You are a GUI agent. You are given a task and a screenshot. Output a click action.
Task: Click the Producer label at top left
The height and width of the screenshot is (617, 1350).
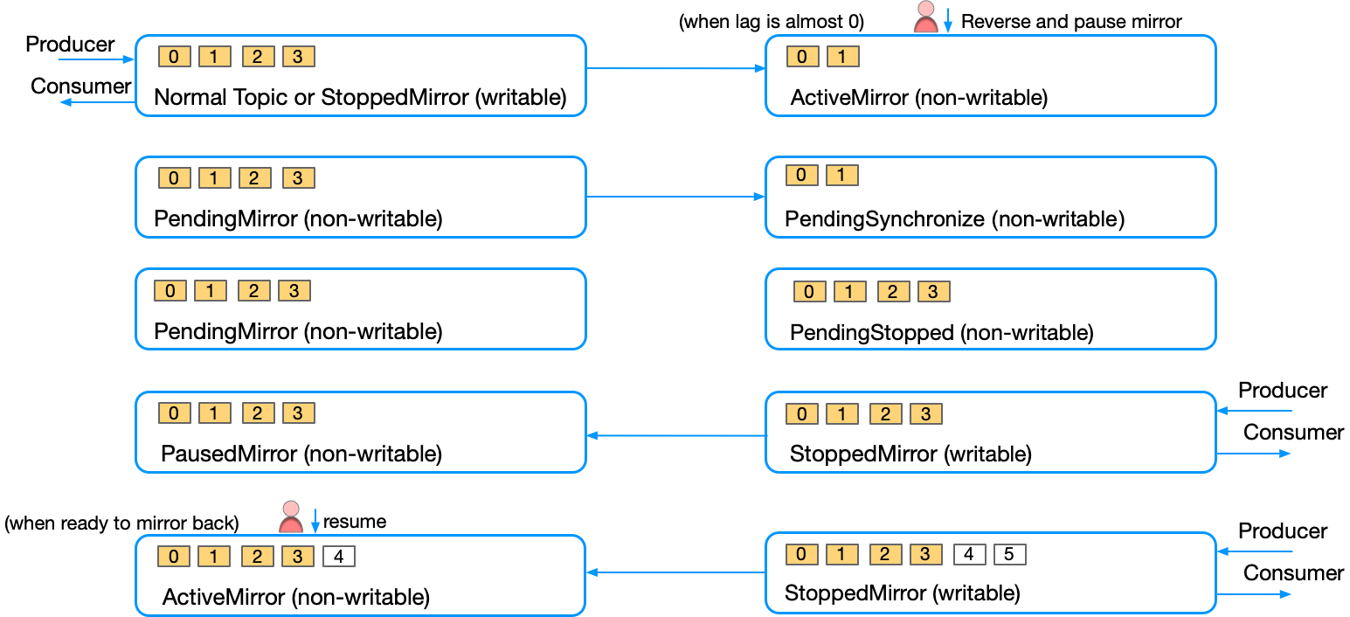click(70, 45)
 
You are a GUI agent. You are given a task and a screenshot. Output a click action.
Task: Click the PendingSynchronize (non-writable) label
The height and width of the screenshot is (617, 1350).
click(954, 218)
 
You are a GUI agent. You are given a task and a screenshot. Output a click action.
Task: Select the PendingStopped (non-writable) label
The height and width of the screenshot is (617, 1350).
click(941, 332)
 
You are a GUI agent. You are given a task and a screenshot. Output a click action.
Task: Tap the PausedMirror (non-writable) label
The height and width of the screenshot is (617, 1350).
click(301, 454)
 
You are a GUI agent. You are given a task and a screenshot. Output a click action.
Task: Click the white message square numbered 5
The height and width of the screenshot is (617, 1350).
click(1009, 554)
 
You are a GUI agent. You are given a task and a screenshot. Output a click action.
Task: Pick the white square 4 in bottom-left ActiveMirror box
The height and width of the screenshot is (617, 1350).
click(339, 557)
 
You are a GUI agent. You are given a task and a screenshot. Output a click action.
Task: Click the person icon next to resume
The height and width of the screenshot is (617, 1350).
click(291, 517)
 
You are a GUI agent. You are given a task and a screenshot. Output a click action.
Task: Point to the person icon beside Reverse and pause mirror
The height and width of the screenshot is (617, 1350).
click(925, 17)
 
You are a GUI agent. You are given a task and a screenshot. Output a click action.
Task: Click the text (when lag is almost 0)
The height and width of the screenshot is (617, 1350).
click(771, 22)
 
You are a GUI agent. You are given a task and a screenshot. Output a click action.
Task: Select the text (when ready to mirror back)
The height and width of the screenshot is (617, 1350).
click(121, 523)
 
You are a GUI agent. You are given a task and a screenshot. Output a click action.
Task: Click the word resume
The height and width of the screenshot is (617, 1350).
click(354, 522)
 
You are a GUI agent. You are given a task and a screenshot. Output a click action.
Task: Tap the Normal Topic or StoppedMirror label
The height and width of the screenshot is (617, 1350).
click(360, 97)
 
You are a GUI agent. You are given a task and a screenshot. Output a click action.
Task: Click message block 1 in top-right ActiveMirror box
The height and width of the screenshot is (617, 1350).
click(842, 57)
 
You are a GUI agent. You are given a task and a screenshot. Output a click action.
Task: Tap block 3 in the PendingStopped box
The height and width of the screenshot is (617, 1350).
click(933, 292)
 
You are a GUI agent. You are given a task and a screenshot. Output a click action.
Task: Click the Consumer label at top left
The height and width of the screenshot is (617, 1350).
click(80, 86)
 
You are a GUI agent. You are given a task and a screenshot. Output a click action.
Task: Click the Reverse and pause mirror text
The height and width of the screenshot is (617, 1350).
click(1071, 22)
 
